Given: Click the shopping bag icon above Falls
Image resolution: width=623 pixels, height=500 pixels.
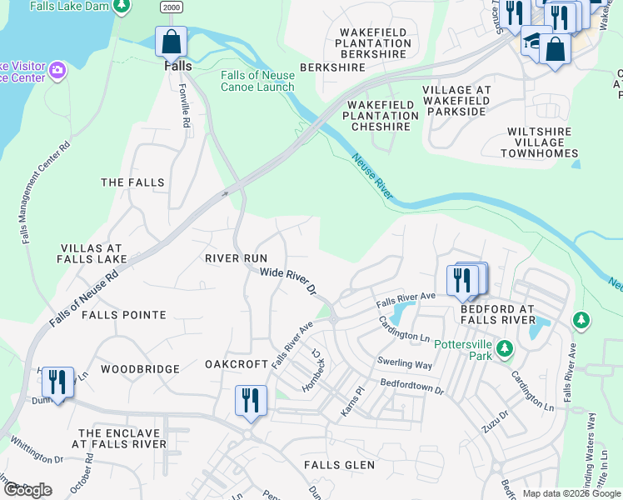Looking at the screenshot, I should [x=171, y=41].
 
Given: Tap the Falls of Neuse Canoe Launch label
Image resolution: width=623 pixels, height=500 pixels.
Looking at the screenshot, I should [x=257, y=81].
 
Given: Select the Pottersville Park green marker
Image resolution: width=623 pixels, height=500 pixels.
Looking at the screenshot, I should [x=504, y=347].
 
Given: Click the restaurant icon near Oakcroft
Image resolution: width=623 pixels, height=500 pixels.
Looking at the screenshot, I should [x=250, y=400].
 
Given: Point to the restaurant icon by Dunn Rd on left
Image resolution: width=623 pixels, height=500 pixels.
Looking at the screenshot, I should [x=57, y=382].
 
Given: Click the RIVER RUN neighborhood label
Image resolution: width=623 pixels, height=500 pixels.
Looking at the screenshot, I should [x=236, y=258].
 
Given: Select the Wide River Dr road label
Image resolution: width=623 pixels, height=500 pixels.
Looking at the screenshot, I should [x=288, y=282].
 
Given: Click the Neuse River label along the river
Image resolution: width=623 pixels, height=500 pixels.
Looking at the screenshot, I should [x=371, y=177].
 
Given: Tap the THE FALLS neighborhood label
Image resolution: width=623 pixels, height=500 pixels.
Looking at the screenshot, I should [x=132, y=182].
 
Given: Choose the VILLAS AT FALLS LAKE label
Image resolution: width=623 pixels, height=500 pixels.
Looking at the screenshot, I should [x=92, y=254].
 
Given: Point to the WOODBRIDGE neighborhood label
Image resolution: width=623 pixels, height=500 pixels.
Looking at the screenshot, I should [x=140, y=368].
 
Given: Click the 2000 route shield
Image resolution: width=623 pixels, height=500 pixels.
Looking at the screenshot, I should [x=172, y=7].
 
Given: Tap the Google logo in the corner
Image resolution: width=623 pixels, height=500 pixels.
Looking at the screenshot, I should [x=27, y=490].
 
